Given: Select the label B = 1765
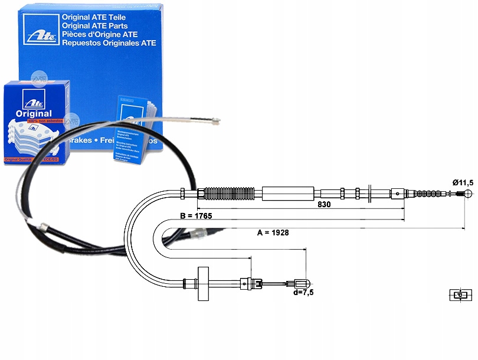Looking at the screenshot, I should point(195,216).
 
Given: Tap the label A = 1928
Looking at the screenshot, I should point(273,233).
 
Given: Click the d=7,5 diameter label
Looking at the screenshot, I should point(303,292).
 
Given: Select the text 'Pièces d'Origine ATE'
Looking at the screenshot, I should point(100,34).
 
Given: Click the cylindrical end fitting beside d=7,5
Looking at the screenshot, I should point(300,283).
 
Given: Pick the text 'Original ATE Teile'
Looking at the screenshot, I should point(94,18).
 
